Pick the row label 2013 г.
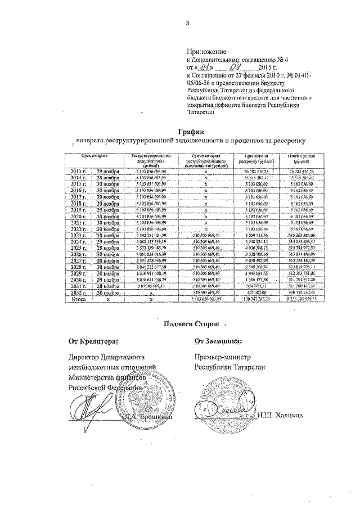coord(78,170)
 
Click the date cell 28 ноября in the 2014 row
coord(107,177)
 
